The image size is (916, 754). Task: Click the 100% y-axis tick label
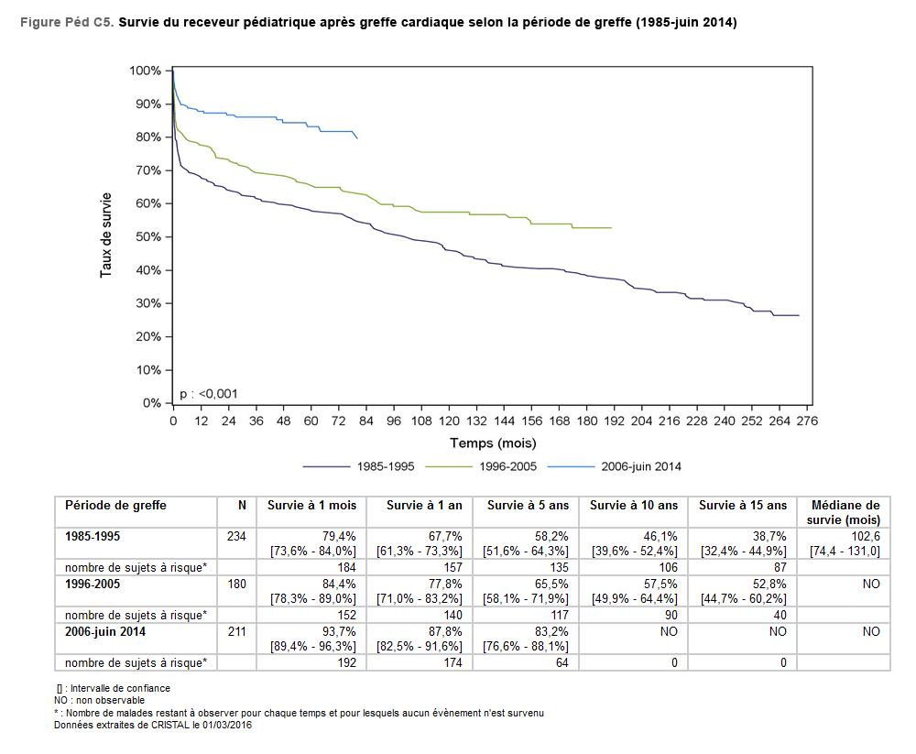145,71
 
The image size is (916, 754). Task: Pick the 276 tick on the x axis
806,421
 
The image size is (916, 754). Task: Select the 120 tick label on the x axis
449,421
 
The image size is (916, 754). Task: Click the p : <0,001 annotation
209,394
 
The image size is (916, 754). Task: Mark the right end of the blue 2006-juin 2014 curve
356,138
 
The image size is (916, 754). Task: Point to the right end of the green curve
611,227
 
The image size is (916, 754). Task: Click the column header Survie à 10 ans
634,506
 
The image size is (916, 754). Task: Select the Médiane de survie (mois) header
843,512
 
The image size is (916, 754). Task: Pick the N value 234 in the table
236,535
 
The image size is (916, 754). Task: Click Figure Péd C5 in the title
67,22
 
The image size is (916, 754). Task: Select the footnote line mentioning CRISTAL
153,725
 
